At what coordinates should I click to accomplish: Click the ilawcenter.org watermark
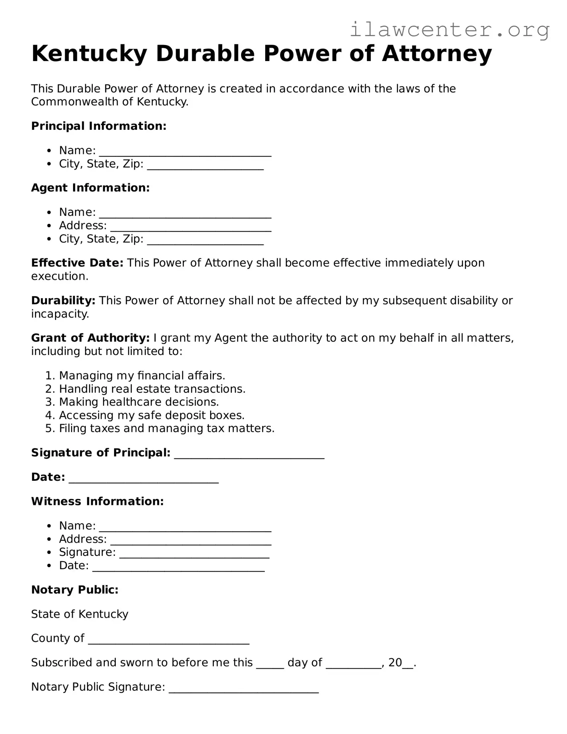point(449,30)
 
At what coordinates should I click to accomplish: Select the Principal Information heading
point(98,126)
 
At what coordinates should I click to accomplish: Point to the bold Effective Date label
point(77,263)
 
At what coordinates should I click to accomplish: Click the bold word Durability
point(63,301)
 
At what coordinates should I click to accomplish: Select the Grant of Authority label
point(90,338)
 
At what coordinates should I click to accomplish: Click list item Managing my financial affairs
point(142,376)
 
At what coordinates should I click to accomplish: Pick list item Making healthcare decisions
point(139,402)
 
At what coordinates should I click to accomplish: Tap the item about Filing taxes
point(166,429)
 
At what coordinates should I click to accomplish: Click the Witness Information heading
point(97,502)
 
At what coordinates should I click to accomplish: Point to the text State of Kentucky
point(80,614)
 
